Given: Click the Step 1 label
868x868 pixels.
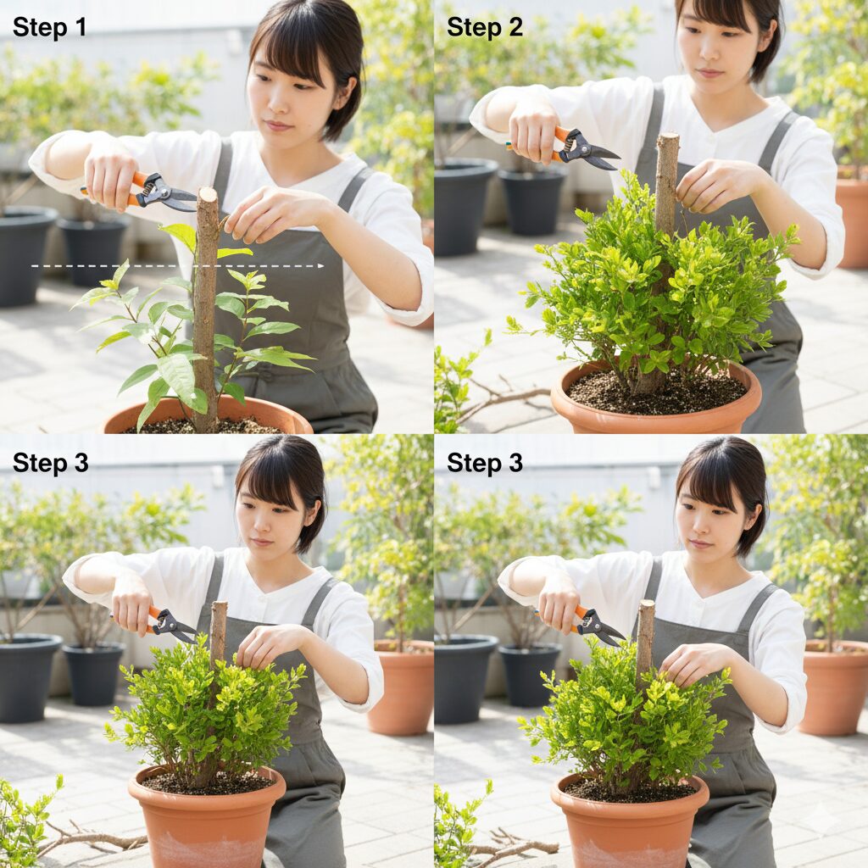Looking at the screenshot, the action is coord(49,27).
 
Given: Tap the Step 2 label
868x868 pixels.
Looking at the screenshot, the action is coord(484,27).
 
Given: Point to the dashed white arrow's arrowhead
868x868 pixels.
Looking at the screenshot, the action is coord(320,266).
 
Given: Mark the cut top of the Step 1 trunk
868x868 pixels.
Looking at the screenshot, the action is coord(207,194).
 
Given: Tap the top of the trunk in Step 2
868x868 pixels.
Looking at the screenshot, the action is coord(668,137).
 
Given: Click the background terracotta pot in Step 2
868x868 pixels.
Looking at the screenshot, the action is coord(852,221).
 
